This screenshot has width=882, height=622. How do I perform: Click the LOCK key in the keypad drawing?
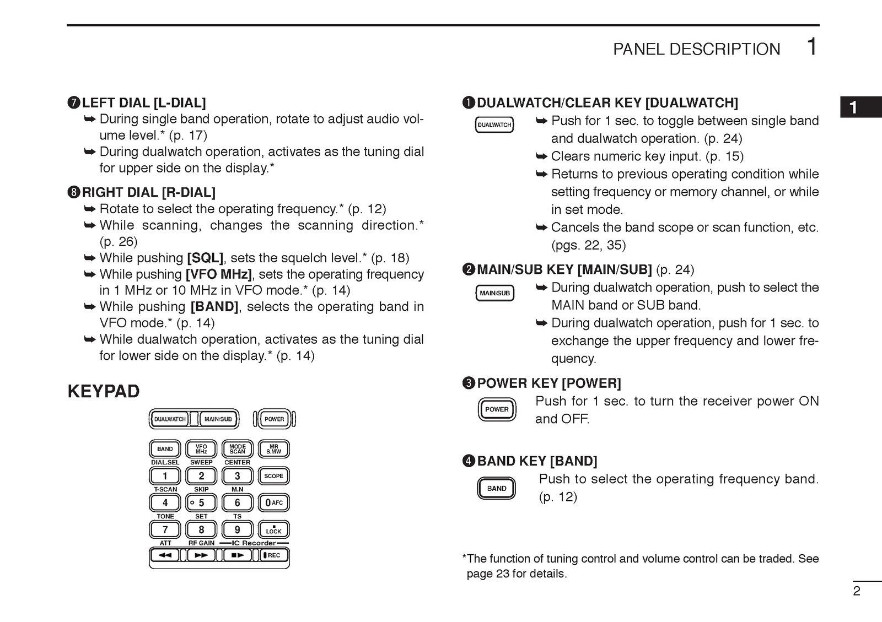click(x=273, y=530)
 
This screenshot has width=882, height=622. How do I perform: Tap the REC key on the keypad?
click(x=274, y=555)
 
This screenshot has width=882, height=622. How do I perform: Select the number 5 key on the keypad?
click(x=201, y=502)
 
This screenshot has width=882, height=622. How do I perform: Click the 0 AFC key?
click(x=273, y=502)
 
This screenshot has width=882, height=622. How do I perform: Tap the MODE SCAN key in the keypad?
click(x=238, y=449)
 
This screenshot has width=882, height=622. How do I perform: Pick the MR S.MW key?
click(x=273, y=449)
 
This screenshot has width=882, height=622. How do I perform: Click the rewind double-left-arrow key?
click(x=165, y=555)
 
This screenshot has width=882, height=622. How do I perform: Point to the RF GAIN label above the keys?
click(x=201, y=543)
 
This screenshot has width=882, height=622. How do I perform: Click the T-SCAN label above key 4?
click(x=165, y=489)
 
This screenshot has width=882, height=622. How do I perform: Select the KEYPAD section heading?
click(x=104, y=392)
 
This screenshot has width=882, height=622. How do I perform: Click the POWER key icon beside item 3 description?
click(x=497, y=409)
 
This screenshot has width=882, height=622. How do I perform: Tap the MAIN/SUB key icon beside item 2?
click(x=494, y=293)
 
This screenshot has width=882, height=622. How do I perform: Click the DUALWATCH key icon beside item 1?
click(x=494, y=125)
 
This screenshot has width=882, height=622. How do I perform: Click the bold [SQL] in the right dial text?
click(x=205, y=258)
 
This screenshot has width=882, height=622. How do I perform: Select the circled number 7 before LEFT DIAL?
click(x=74, y=103)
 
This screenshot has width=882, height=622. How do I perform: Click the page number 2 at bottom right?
click(x=856, y=592)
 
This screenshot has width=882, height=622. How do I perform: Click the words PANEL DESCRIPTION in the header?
click(x=696, y=50)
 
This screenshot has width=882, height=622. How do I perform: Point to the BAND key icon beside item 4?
click(x=496, y=489)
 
